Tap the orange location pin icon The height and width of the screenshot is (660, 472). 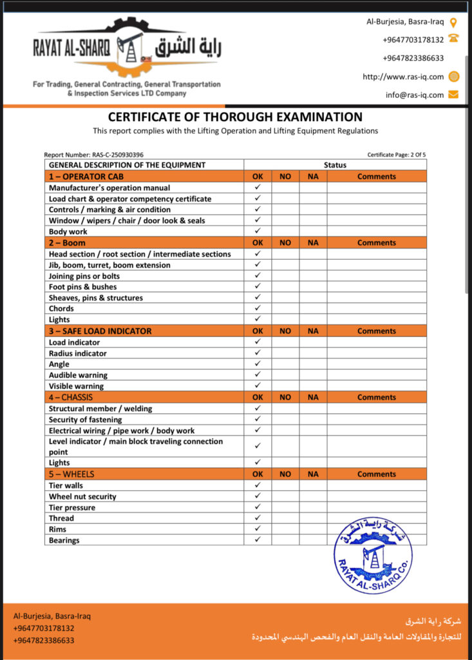[x=453, y=22]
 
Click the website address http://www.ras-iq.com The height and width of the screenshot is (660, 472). [x=403, y=77]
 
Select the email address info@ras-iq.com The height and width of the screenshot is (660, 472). [x=415, y=95]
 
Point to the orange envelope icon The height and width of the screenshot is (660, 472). [x=453, y=95]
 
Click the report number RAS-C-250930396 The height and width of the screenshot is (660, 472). [x=93, y=155]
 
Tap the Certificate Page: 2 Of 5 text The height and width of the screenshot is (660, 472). [x=397, y=155]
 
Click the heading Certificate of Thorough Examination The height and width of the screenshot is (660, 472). [x=235, y=117]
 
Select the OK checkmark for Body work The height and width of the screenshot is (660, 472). [x=258, y=231]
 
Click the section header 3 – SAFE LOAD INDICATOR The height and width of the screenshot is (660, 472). [x=100, y=331]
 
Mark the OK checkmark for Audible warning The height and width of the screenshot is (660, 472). [x=258, y=374]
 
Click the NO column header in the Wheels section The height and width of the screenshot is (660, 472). [x=285, y=474]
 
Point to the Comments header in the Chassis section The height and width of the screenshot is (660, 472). [x=377, y=398]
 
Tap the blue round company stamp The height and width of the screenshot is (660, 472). [x=373, y=555]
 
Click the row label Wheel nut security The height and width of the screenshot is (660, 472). [x=82, y=496]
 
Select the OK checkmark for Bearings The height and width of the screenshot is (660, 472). [x=258, y=539]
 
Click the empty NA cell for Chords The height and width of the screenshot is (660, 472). [x=313, y=309]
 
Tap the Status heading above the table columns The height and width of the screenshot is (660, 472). [x=335, y=165]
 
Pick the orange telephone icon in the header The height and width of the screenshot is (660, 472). [x=453, y=39]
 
